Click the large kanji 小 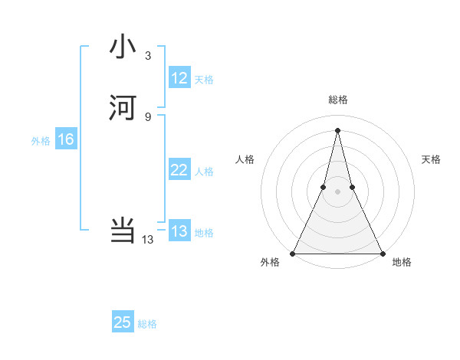tap(123, 47)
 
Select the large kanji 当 tap(123, 231)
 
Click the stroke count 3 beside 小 tap(148, 56)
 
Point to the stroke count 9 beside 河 tap(148, 116)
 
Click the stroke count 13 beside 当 tap(148, 240)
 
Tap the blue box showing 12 tap(179, 78)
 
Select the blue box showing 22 tap(179, 170)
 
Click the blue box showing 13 tap(179, 231)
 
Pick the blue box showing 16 tap(66, 139)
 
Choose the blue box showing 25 tap(123, 322)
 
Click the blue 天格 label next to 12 tap(204, 80)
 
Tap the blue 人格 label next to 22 tap(204, 172)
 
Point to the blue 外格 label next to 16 tap(41, 141)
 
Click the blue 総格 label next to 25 tap(147, 324)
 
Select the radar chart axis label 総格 tap(337, 100)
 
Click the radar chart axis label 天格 tap(431, 159)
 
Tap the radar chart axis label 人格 tap(245, 159)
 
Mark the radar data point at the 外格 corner tap(293, 253)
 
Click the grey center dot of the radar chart tap(337, 192)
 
